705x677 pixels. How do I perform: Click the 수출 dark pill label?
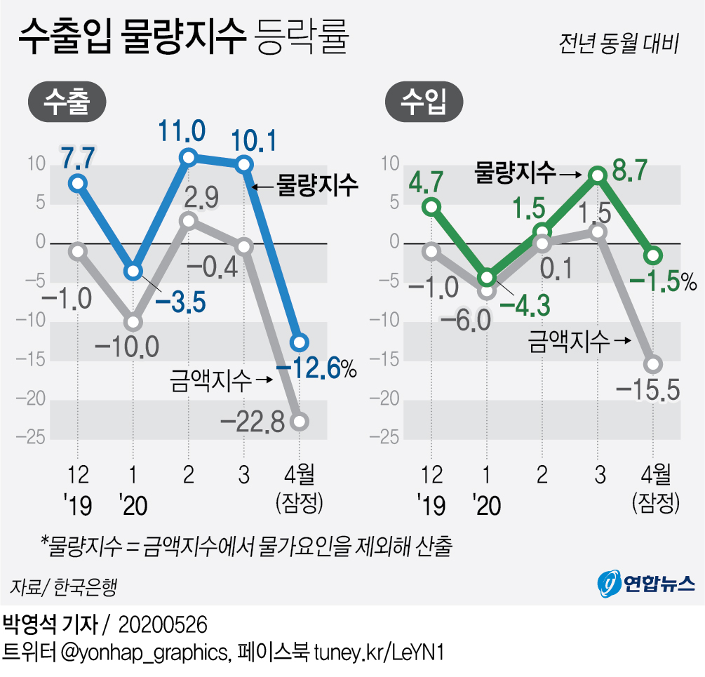click(x=67, y=102)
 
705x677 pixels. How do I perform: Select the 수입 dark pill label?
click(x=424, y=102)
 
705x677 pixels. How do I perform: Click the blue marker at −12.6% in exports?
click(x=300, y=342)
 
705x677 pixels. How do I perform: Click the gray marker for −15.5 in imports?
click(x=653, y=363)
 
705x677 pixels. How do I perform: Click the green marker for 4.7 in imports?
click(x=432, y=206)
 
